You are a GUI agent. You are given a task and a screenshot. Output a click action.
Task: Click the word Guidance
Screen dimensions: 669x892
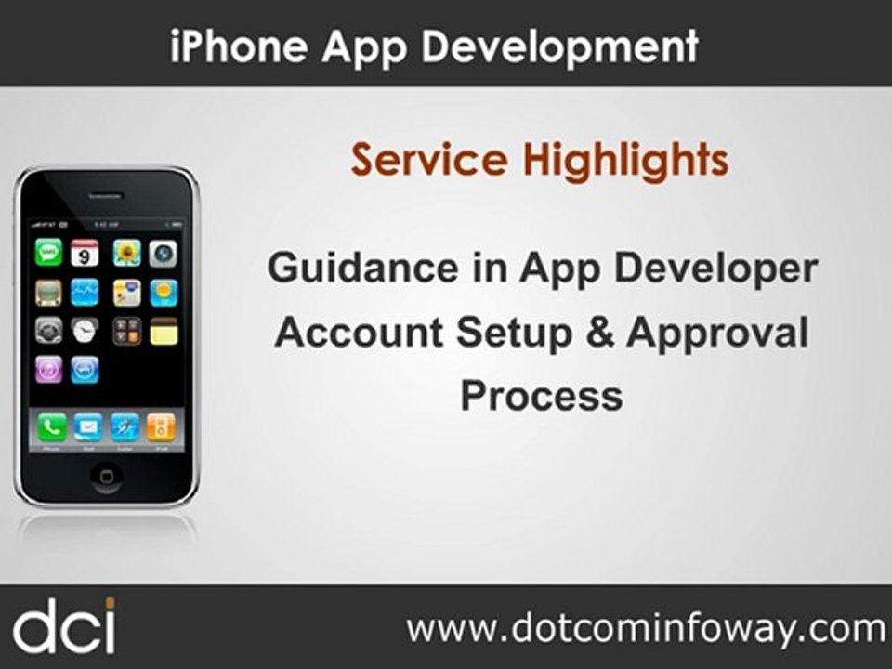[361, 269]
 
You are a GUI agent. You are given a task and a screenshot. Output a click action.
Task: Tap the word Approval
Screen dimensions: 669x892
[716, 332]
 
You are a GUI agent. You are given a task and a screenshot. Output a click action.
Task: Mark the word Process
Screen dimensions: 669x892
[541, 395]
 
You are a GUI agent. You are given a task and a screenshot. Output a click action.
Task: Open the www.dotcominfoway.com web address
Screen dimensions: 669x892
[646, 628]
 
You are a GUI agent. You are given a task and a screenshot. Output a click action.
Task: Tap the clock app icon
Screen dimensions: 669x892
[85, 330]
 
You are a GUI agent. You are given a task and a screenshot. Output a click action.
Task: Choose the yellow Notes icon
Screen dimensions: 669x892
[164, 330]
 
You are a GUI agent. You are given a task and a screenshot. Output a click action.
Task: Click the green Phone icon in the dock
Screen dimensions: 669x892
[51, 426]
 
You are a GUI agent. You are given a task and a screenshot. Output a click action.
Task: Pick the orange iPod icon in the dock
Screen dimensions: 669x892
[161, 426]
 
